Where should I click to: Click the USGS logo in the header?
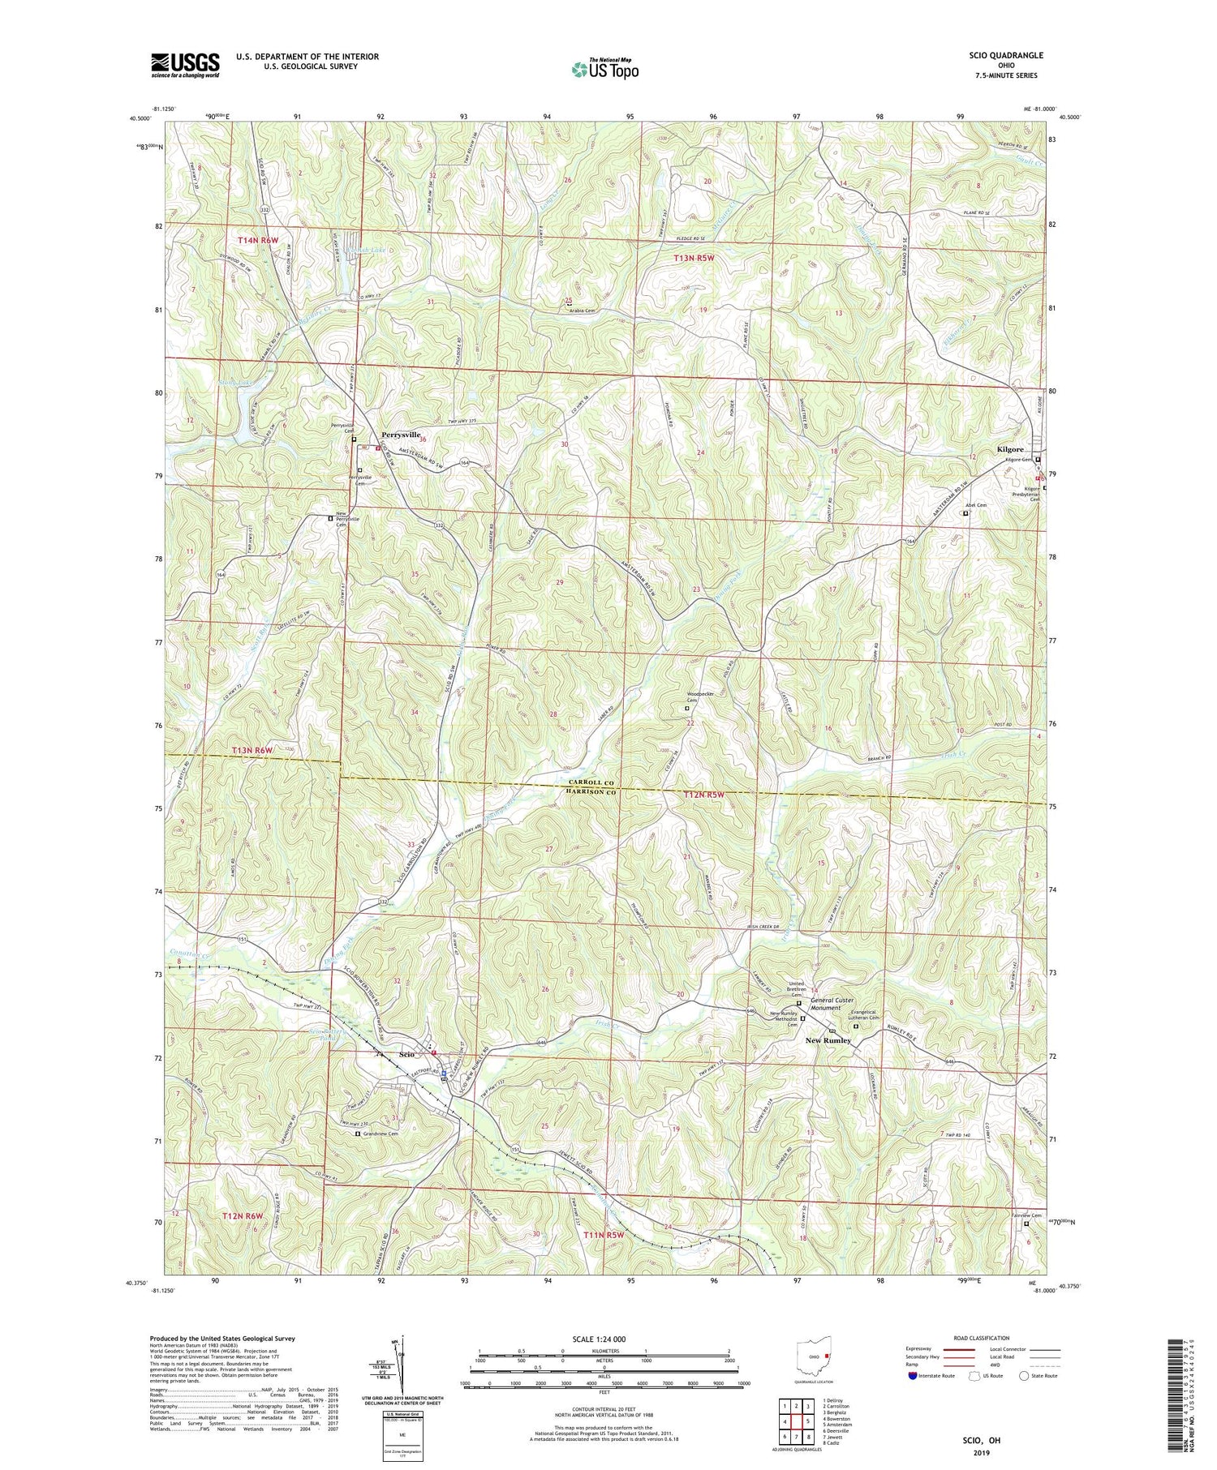click(184, 65)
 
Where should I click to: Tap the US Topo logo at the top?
click(604, 69)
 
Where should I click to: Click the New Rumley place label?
click(828, 1040)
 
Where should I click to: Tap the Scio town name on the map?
click(406, 1054)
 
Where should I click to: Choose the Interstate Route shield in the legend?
click(913, 1375)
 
